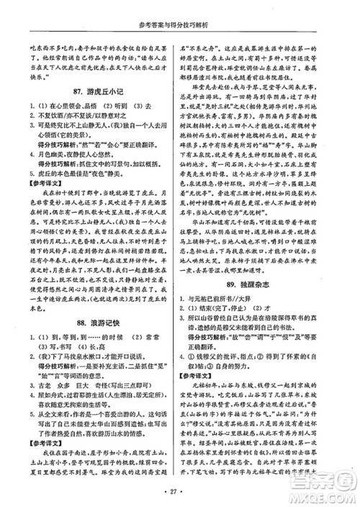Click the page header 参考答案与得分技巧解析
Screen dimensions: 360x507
click(179, 9)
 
